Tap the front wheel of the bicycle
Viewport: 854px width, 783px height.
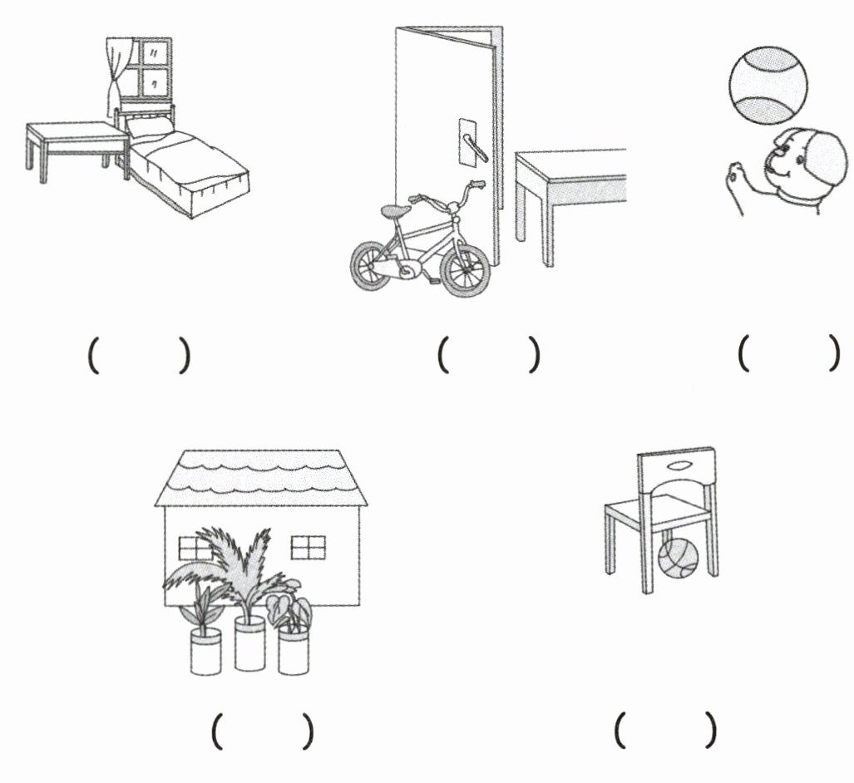coord(465,270)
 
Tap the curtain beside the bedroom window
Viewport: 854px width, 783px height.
coord(114,79)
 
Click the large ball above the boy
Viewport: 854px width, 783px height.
coord(768,86)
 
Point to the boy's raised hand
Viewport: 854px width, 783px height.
coord(733,178)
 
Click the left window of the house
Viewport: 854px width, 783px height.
coord(195,548)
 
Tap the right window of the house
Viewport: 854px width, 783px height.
coord(308,548)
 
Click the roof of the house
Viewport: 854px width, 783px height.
coord(260,477)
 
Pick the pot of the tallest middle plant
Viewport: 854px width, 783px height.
coord(249,644)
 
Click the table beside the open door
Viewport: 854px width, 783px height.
coord(574,179)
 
